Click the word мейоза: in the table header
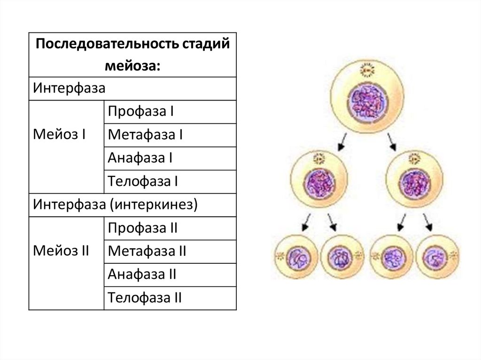click(x=132, y=65)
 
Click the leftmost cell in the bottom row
click(x=296, y=257)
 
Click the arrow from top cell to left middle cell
click(x=342, y=142)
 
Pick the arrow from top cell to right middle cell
click(x=392, y=142)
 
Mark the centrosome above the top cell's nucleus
click(x=367, y=71)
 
